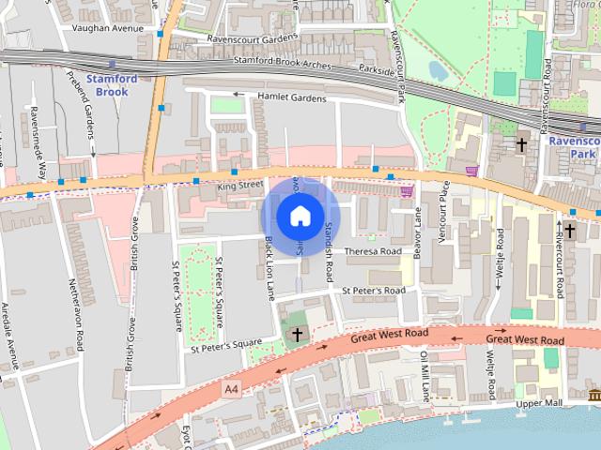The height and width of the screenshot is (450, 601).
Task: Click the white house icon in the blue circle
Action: click(300, 216)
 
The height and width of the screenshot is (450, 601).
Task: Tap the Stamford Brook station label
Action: click(112, 85)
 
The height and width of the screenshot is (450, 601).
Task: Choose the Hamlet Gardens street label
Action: click(285, 97)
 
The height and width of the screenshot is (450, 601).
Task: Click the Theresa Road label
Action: click(373, 251)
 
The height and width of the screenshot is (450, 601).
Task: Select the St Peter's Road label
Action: click(373, 292)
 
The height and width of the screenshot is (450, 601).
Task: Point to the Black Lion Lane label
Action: click(269, 268)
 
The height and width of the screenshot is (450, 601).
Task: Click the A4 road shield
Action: click(231, 388)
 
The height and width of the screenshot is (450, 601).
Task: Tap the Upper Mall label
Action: click(538, 402)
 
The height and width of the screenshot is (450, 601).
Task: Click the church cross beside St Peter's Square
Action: click(298, 334)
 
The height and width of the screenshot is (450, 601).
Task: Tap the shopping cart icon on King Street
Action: click(407, 190)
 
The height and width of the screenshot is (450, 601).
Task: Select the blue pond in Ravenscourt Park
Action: click(438, 70)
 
